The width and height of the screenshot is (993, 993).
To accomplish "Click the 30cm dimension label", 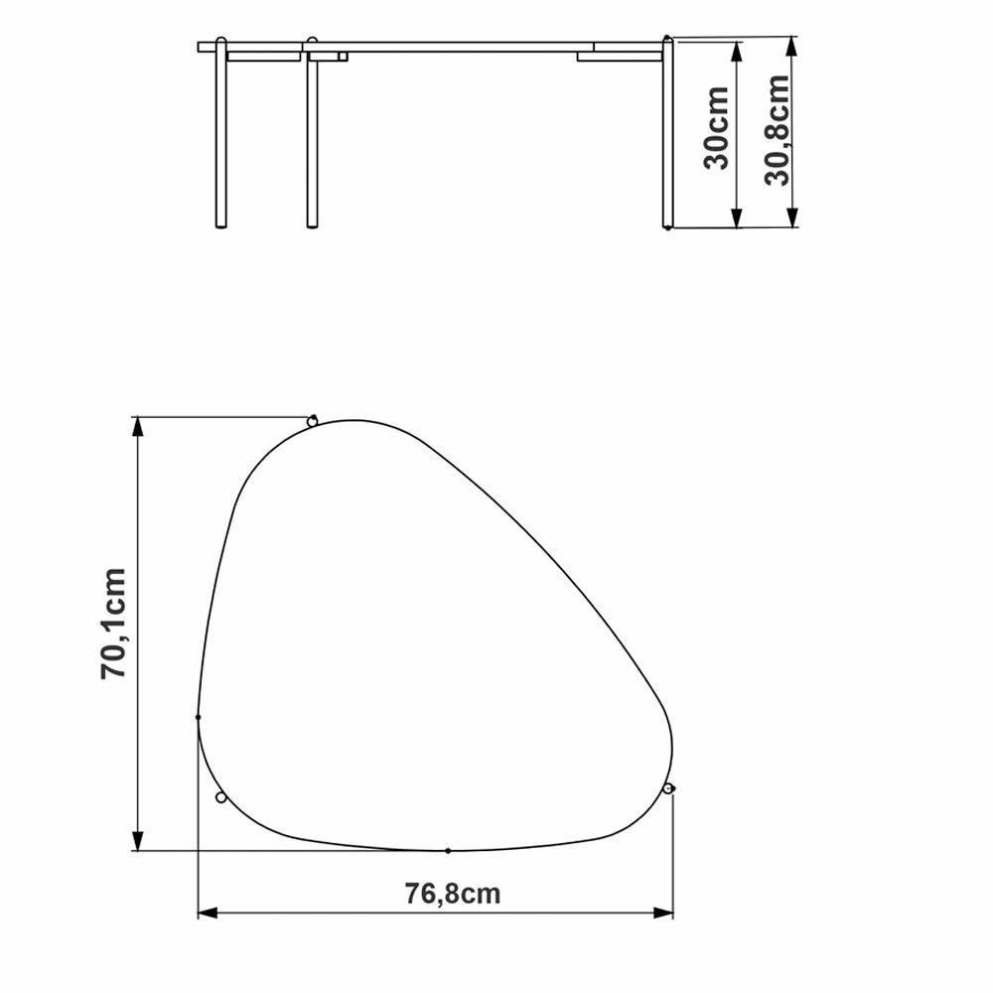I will click(x=717, y=128).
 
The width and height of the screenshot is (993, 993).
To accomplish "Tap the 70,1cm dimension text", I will click(x=115, y=624).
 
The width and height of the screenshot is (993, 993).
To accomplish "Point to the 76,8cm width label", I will click(x=453, y=893).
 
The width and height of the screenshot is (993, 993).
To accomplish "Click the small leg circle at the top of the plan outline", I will click(x=313, y=421).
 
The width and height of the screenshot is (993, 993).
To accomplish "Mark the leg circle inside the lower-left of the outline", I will click(x=220, y=797).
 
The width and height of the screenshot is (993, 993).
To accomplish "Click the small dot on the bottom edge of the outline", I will click(x=448, y=851).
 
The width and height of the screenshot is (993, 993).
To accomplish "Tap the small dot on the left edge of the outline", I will click(x=199, y=716).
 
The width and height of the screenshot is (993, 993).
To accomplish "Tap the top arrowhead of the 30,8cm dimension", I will click(x=792, y=48).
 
